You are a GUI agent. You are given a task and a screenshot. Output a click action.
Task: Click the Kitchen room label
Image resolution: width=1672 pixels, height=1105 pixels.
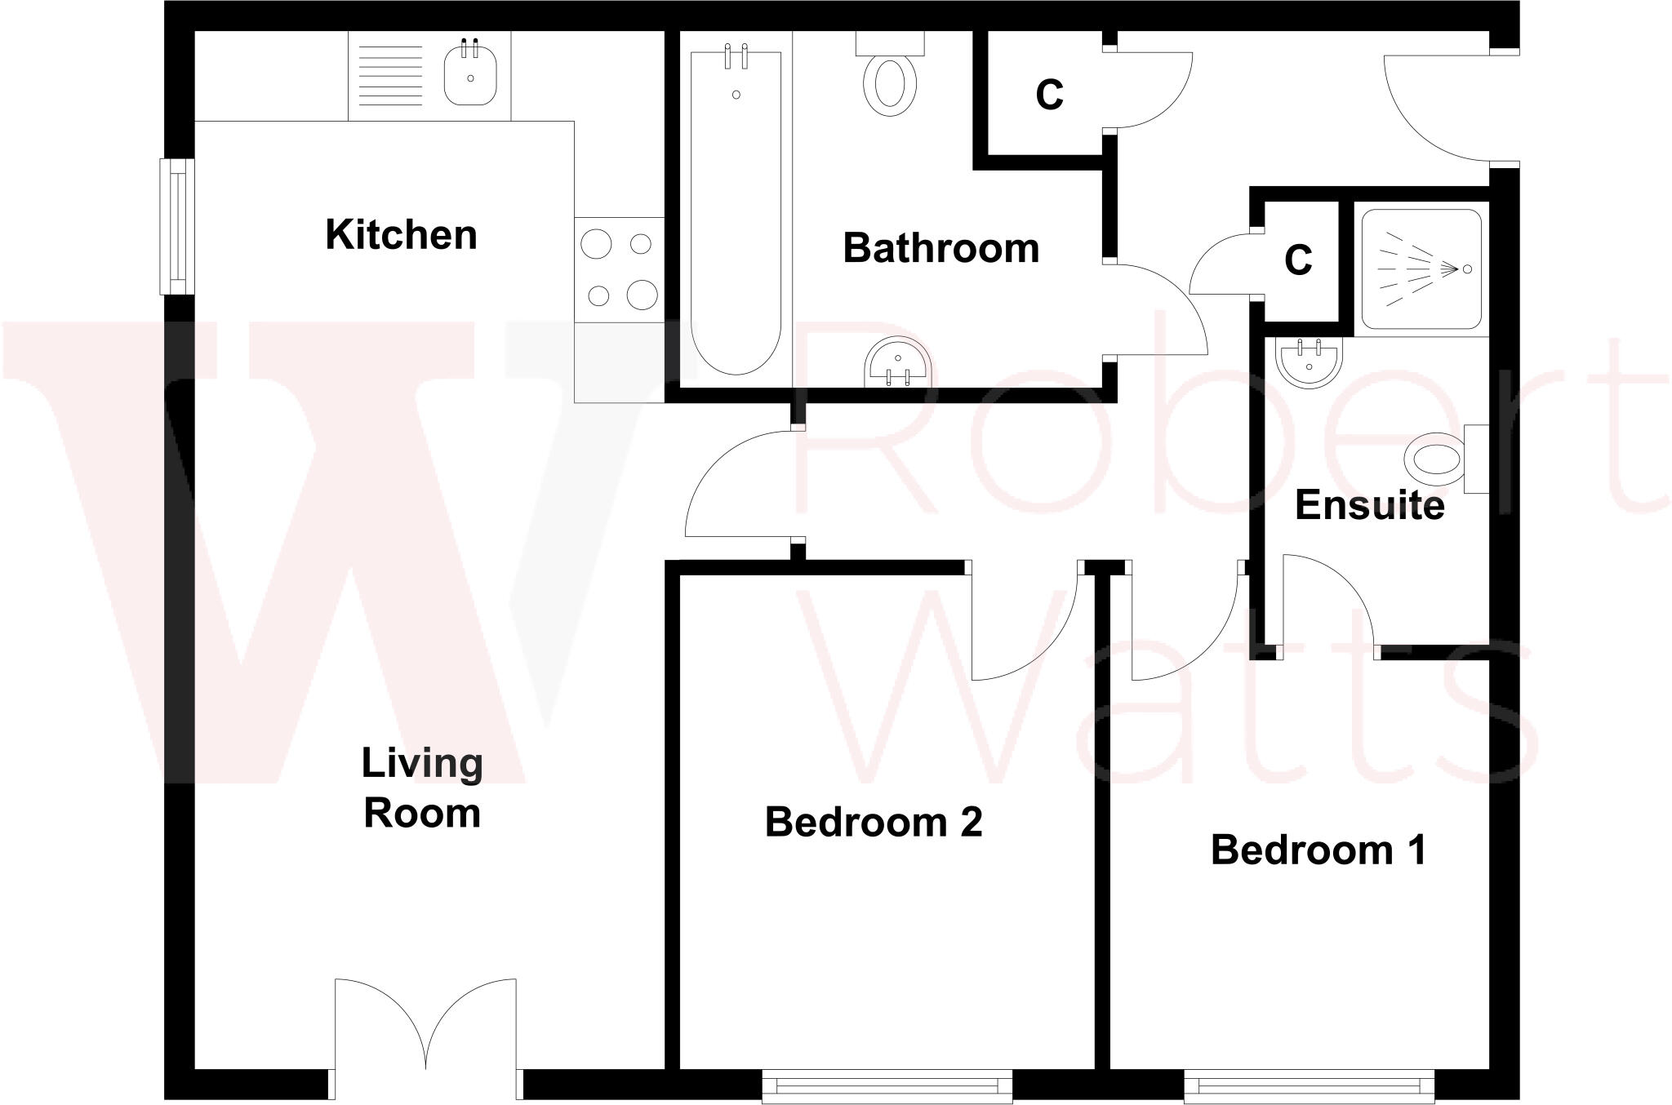[401, 235]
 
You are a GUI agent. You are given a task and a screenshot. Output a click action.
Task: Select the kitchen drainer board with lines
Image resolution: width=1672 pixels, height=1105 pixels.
[391, 75]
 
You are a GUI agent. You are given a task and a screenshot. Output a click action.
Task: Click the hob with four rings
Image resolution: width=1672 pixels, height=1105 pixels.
[619, 269]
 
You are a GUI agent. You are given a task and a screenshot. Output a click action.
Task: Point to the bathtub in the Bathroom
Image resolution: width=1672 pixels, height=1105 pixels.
[736, 212]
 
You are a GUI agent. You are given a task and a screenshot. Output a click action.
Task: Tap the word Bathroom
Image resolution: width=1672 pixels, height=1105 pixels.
[940, 248]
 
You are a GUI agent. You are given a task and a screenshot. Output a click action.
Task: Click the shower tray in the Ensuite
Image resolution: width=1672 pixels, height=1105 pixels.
[1421, 269]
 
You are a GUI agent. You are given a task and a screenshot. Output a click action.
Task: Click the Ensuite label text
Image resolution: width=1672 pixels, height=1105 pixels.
[1369, 505]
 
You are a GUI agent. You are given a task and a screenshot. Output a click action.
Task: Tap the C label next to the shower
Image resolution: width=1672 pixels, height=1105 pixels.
[1298, 260]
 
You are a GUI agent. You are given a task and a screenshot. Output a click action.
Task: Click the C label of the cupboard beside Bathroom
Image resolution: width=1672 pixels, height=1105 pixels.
[1049, 95]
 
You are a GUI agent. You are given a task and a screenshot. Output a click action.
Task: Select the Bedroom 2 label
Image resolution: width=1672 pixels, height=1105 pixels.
[873, 822]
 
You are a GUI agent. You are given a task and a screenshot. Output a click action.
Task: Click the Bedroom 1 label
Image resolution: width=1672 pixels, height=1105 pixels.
[1318, 850]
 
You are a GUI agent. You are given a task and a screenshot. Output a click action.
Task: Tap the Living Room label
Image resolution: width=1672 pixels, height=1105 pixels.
[422, 788]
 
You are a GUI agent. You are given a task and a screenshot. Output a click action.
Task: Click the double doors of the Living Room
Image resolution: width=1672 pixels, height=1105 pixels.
[425, 1028]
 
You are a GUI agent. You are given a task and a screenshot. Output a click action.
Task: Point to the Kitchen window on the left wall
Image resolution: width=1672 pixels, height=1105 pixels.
[177, 226]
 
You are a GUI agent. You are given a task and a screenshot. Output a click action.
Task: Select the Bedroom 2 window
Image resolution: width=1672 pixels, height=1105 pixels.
[887, 1086]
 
